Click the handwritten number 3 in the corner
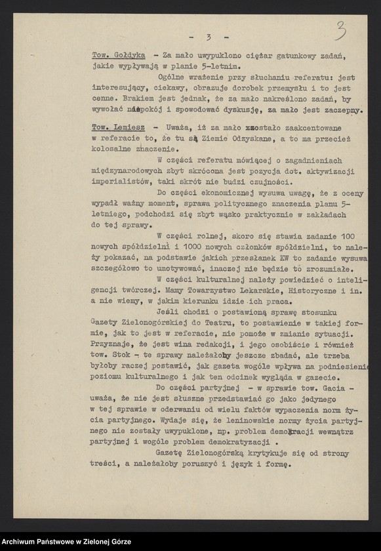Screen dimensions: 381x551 point(341,29)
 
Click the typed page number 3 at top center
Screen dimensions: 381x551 point(207,37)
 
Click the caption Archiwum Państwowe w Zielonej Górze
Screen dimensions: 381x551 point(66,542)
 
